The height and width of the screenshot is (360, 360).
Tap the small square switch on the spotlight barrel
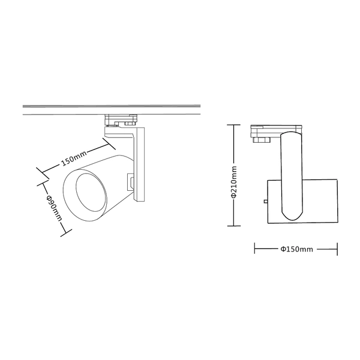[129, 180]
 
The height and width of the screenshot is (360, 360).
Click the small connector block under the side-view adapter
[260, 140]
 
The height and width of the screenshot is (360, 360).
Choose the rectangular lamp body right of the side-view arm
[318, 200]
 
